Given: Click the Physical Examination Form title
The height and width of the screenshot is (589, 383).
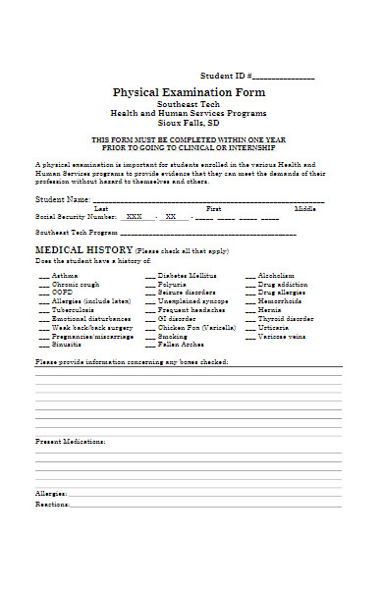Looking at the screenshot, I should [189, 92].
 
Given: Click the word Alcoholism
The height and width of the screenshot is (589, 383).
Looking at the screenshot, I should [276, 276].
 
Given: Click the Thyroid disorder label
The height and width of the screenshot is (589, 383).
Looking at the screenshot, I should [286, 319].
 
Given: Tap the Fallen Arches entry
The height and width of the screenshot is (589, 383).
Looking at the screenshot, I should [180, 345].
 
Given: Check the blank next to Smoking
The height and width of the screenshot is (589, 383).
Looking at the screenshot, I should [150, 336].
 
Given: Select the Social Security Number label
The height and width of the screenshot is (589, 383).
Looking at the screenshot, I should [69, 216].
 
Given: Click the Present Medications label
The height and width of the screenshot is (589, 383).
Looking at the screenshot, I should [71, 442].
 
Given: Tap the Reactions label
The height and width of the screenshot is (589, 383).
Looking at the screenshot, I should [52, 504].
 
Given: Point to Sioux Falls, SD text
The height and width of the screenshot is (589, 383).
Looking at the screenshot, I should [189, 127].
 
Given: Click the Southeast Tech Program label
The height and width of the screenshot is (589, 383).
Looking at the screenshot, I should [76, 233].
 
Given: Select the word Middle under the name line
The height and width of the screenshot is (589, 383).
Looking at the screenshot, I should [304, 208].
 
